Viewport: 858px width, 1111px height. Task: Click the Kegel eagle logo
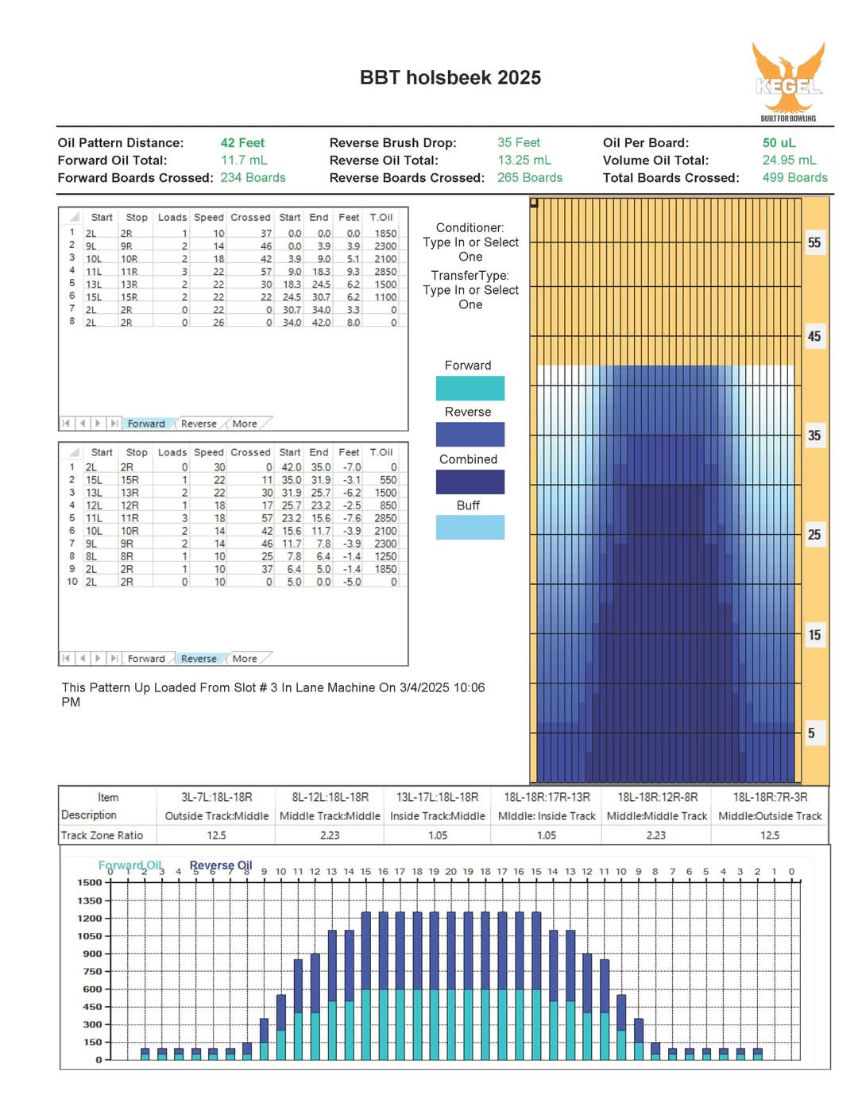[788, 82]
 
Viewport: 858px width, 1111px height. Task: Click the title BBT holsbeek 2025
[450, 78]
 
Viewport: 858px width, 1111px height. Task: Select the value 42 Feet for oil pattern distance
[242, 142]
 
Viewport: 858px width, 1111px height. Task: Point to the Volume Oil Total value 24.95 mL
[789, 160]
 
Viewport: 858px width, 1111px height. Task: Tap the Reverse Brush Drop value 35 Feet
[518, 142]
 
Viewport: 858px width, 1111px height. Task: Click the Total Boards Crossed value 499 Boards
[794, 177]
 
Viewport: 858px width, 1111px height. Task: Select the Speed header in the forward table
[208, 217]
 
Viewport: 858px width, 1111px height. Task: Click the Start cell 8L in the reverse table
[91, 556]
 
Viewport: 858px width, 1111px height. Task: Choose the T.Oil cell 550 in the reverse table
[388, 480]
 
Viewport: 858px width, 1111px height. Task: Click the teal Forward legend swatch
[470, 388]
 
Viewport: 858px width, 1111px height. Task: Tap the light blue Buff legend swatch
[470, 527]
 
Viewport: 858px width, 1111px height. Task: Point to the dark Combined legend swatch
[470, 482]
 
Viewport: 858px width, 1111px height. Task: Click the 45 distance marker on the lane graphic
[814, 336]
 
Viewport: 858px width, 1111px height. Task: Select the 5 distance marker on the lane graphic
[811, 733]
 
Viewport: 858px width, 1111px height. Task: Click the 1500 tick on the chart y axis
[90, 882]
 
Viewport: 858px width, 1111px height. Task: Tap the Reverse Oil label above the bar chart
[221, 865]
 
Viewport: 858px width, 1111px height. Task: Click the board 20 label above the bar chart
[450, 871]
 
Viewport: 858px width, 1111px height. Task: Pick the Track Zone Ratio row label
[102, 835]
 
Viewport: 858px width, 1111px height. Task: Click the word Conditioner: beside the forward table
[470, 227]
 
